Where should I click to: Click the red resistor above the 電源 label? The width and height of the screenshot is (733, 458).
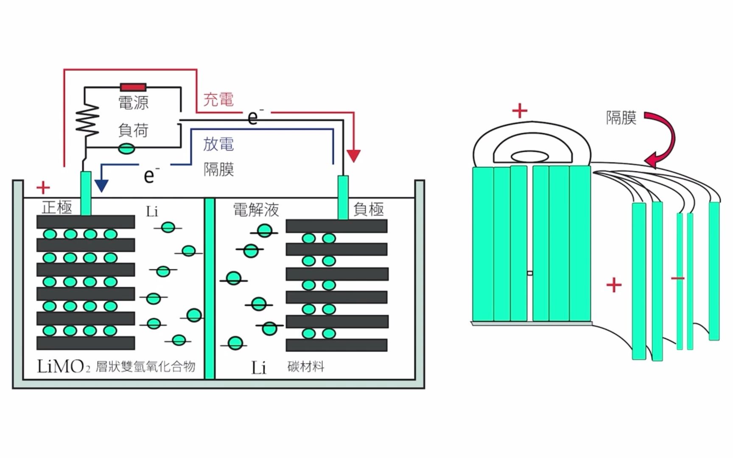pyautogui.click(x=133, y=87)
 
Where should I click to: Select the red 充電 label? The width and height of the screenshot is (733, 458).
pyautogui.click(x=218, y=100)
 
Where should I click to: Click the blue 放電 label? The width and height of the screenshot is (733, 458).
pyautogui.click(x=218, y=144)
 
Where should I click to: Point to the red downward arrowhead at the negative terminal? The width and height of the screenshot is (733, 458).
pyautogui.click(x=353, y=156)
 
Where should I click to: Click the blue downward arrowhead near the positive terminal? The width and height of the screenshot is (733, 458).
pyautogui.click(x=101, y=185)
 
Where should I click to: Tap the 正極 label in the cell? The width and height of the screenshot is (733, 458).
pyautogui.click(x=57, y=207)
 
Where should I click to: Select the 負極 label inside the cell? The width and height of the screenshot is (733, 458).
pyautogui.click(x=369, y=209)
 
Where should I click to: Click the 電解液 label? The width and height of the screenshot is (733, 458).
pyautogui.click(x=256, y=209)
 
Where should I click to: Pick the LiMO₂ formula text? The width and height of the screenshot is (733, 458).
pyautogui.click(x=64, y=367)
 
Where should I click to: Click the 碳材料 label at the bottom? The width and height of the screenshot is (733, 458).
pyautogui.click(x=306, y=366)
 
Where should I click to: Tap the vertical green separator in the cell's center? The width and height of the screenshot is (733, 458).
pyautogui.click(x=210, y=288)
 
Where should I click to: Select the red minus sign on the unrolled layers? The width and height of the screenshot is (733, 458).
pyautogui.click(x=678, y=278)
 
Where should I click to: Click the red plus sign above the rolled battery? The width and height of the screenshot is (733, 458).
pyautogui.click(x=520, y=111)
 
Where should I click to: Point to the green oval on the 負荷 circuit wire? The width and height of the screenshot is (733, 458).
pyautogui.click(x=126, y=149)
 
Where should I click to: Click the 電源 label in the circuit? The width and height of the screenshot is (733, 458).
pyautogui.click(x=133, y=103)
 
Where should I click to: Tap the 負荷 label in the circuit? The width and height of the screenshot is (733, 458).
pyautogui.click(x=133, y=130)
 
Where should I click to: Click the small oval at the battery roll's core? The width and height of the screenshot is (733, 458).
pyautogui.click(x=530, y=156)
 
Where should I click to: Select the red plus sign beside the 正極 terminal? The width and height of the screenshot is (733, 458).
pyautogui.click(x=43, y=187)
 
